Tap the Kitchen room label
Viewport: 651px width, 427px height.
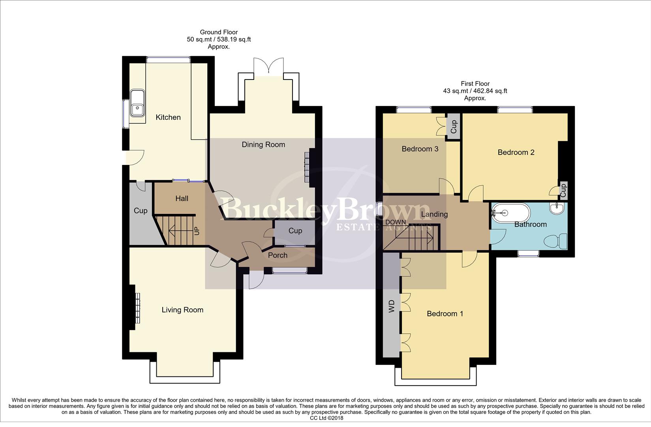click(168, 117)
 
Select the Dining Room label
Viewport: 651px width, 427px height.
click(263, 145)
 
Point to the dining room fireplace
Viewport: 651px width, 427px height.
click(308, 167)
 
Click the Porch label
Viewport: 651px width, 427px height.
click(278, 255)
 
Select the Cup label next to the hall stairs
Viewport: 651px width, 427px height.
click(141, 211)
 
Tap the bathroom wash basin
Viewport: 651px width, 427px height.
click(557, 208)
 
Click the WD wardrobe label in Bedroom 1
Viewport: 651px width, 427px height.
click(392, 306)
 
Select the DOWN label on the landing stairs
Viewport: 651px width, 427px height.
click(396, 222)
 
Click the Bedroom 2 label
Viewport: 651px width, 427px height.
click(516, 153)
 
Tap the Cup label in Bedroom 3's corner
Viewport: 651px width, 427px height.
click(454, 127)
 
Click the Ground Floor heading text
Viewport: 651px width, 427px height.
click(219, 32)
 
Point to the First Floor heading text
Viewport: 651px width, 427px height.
click(475, 84)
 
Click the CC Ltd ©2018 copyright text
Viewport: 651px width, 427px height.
click(326, 418)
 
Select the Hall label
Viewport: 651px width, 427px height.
click(182, 199)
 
